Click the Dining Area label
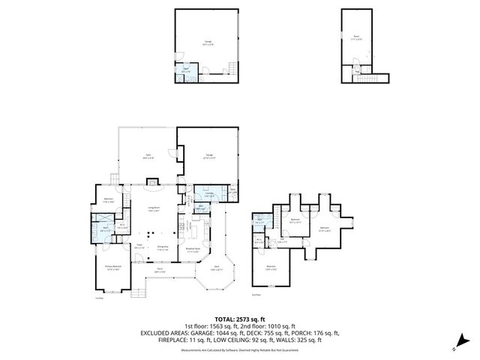(x=161, y=250)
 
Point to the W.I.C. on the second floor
(x=258, y=241)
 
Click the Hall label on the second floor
(x=281, y=242)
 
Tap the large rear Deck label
(x=148, y=157)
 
